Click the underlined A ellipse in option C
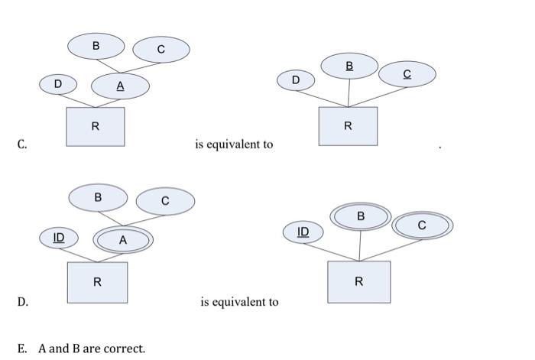pyautogui.click(x=120, y=87)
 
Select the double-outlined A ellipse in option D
pyautogui.click(x=123, y=240)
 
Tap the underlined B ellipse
pyautogui.click(x=349, y=66)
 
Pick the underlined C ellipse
pyautogui.click(x=407, y=74)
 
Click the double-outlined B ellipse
pyautogui.click(x=361, y=217)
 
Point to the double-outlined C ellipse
pyautogui.click(x=422, y=225)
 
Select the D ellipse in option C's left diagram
pyautogui.click(x=59, y=83)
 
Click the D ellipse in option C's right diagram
pyautogui.click(x=296, y=79)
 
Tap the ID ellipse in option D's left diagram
pyautogui.click(x=59, y=238)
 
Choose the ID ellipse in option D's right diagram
pyautogui.click(x=303, y=231)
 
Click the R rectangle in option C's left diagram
pyautogui.click(x=95, y=126)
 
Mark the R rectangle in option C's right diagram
pyautogui.click(x=348, y=126)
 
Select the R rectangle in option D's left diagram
pyautogui.click(x=97, y=281)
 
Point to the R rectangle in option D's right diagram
pyautogui.click(x=358, y=281)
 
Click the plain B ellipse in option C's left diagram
pyautogui.click(x=96, y=46)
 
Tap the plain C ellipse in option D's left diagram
pyautogui.click(x=165, y=201)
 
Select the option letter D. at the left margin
pyautogui.click(x=23, y=302)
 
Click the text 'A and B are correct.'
pyautogui.click(x=91, y=349)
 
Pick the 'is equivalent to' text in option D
pyautogui.click(x=239, y=302)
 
